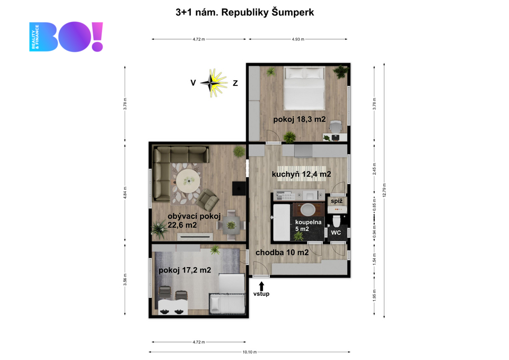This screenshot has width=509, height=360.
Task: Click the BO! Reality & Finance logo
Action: coord(66,37)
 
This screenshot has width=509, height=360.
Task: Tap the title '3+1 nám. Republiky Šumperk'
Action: coord(245,12)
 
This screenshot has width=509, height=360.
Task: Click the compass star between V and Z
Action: coord(214,83)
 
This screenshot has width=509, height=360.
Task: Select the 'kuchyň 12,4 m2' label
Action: coord(301,174)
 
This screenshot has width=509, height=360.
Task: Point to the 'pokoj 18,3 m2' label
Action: coord(299,119)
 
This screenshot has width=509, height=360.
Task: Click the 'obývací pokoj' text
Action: coord(194,216)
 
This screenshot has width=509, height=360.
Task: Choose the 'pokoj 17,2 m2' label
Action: coord(185,270)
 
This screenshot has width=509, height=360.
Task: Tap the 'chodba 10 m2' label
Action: coord(282,252)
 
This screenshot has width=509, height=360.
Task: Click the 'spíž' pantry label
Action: coord(337,201)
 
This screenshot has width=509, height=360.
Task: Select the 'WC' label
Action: coord(336,233)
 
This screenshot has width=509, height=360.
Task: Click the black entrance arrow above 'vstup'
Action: coord(261,286)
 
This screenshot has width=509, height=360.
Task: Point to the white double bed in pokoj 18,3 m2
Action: coord(304,88)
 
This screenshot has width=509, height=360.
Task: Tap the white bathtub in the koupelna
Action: coord(282,222)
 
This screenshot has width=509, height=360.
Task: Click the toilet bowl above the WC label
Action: coord(336,221)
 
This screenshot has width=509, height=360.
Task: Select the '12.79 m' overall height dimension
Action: coord(384,190)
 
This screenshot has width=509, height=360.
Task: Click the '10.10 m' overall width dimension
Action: coord(249,352)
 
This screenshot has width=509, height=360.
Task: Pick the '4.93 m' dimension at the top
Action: coord(298,39)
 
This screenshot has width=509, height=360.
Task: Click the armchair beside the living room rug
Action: coord(208,199)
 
